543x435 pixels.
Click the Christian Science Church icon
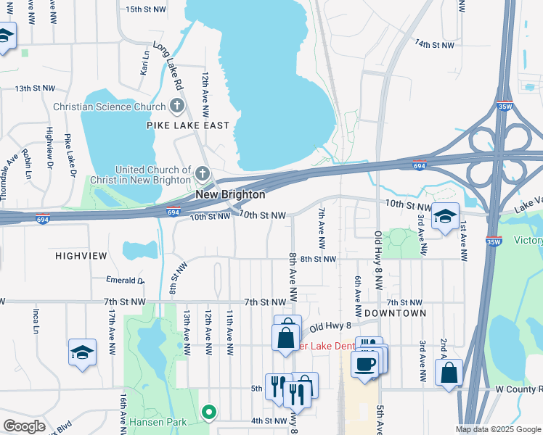point(176,107)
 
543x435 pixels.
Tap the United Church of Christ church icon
point(203,174)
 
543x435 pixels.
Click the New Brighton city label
point(229,195)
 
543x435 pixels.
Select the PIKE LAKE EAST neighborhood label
point(187,125)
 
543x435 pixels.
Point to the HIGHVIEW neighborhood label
point(81,256)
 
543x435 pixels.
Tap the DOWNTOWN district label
point(395,312)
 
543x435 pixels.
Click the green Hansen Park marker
point(210,413)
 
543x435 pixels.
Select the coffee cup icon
point(364,364)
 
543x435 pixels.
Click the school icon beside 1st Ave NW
point(445,217)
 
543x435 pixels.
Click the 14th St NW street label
point(433,44)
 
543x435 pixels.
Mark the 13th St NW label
point(36,88)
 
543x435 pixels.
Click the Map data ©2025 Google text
point(497,429)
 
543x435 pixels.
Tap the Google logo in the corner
point(24,426)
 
